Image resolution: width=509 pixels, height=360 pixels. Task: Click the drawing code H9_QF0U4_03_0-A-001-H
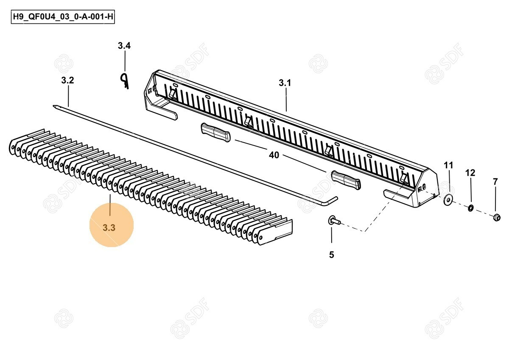63,17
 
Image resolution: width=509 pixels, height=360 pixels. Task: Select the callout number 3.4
124,46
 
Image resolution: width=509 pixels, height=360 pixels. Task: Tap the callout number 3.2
67,80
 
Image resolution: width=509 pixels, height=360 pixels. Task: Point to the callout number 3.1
285,83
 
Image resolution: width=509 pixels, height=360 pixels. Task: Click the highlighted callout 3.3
109,228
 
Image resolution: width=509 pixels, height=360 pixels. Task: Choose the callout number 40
274,155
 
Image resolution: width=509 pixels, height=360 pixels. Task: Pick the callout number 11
448,165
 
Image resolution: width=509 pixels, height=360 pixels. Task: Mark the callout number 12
470,173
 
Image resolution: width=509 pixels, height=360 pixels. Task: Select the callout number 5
332,255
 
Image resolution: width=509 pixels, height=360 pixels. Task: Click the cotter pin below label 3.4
124,81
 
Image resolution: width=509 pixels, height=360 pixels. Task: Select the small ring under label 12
470,208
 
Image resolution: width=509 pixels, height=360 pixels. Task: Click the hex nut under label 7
497,218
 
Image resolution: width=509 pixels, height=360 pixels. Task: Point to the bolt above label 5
334,220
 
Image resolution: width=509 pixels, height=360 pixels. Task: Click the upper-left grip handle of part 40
215,132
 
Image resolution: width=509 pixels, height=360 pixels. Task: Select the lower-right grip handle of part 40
346,180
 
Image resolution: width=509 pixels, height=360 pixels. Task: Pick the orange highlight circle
112,225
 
